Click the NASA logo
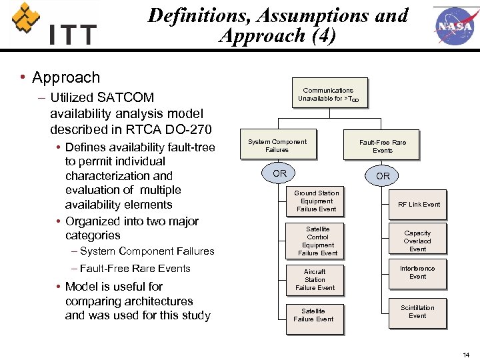[455, 26]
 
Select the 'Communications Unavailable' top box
[328, 95]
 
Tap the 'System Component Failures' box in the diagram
[277, 146]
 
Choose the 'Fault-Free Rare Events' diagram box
[382, 146]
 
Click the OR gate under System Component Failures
[280, 173]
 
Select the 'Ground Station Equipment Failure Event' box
[317, 201]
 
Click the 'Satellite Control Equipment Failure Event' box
[317, 241]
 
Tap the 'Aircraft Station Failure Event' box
[315, 279]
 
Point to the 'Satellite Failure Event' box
[313, 315]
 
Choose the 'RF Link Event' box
[419, 205]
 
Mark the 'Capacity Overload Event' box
[417, 241]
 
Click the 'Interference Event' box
[417, 273]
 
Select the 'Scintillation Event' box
[417, 312]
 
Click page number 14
[465, 355]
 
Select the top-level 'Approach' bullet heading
[66, 77]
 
